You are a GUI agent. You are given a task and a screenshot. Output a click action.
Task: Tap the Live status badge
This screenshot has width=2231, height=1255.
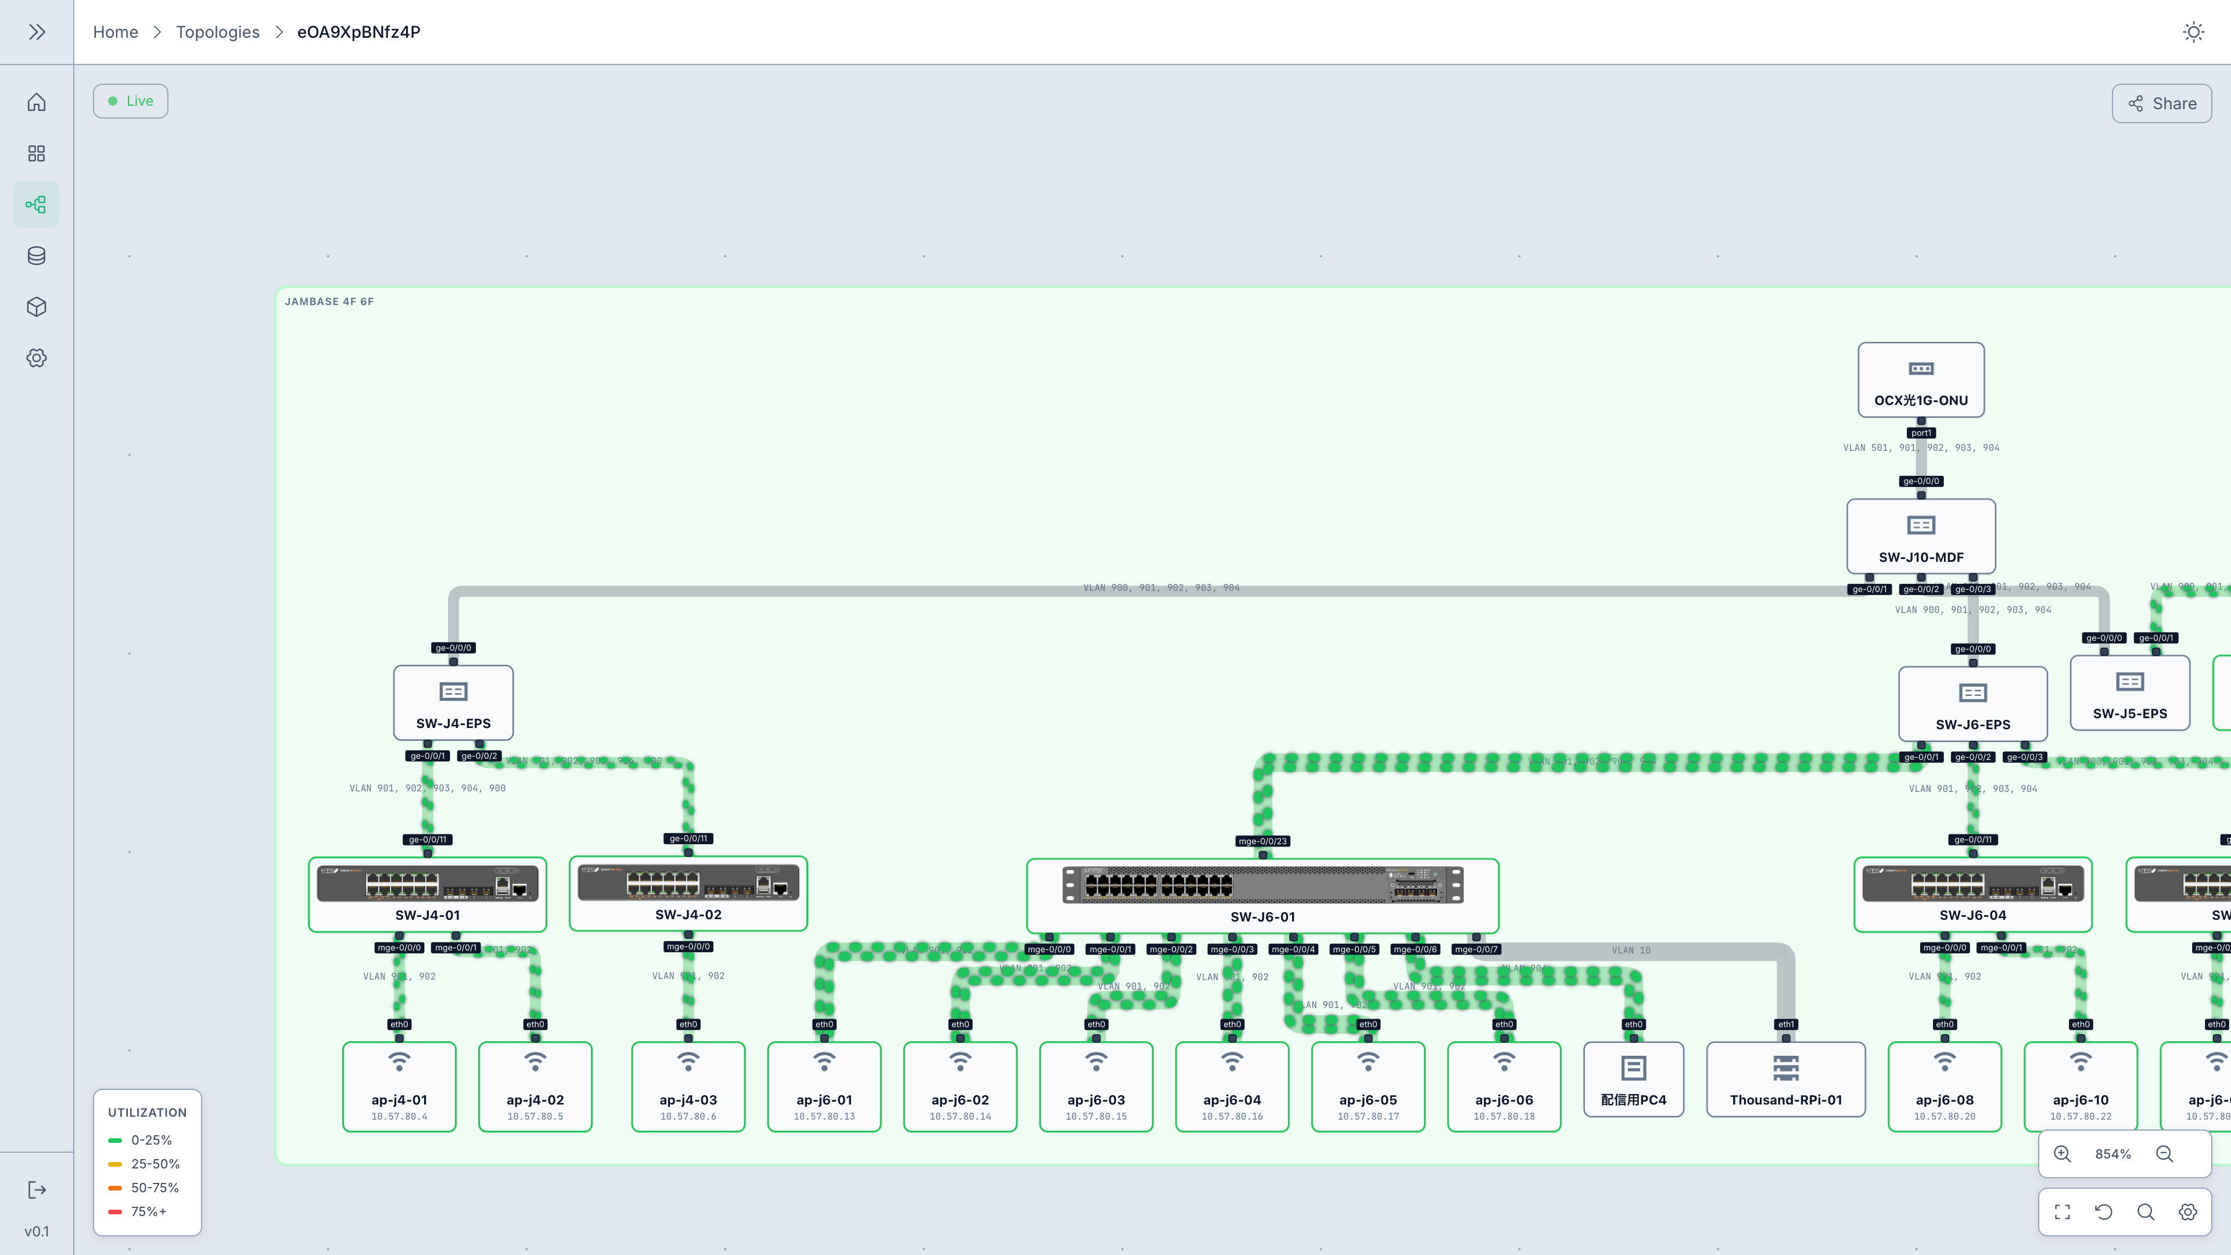coord(131,101)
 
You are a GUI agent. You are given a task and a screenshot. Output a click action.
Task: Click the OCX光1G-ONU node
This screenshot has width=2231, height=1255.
coord(1920,380)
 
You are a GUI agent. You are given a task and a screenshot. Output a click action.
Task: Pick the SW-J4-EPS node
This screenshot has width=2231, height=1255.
coord(453,702)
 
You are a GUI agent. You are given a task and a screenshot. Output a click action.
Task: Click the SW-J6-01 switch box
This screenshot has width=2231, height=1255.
coord(1262,895)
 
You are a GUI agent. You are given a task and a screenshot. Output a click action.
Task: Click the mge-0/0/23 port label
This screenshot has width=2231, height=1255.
coord(1262,841)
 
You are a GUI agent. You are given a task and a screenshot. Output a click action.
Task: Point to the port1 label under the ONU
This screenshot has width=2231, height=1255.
coord(1920,433)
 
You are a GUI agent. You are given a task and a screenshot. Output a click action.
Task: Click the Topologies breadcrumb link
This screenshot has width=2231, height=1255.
coord(217,32)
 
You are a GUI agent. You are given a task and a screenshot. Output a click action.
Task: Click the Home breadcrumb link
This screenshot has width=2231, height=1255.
coord(115,32)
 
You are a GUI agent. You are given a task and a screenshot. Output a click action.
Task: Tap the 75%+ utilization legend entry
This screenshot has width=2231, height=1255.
coord(148,1211)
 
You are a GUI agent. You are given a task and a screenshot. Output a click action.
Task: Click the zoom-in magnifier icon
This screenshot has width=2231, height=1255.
coord(2062,1154)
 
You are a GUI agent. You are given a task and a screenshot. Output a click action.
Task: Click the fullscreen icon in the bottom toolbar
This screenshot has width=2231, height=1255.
coord(2062,1211)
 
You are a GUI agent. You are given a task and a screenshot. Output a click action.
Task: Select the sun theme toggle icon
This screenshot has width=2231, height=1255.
coord(2193,32)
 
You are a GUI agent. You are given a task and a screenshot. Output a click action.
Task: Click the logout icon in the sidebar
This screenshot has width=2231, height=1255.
coord(37,1190)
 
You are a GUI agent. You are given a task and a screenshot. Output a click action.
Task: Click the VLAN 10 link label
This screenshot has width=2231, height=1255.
coord(1631,950)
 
